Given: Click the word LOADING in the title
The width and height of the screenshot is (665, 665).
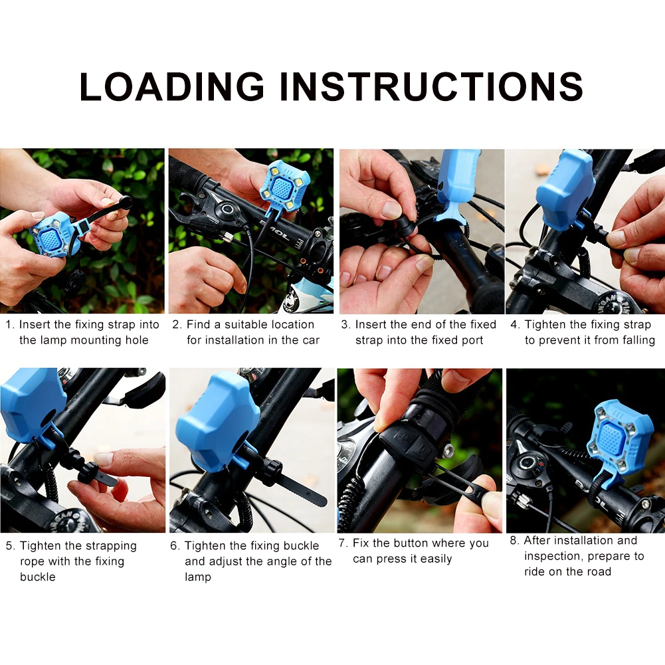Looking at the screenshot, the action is click(x=172, y=86).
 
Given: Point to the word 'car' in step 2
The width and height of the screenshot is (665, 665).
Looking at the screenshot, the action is click(x=311, y=340).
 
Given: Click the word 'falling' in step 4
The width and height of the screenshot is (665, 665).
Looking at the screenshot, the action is click(x=638, y=340).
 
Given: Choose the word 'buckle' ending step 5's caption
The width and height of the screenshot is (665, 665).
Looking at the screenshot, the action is click(x=38, y=577).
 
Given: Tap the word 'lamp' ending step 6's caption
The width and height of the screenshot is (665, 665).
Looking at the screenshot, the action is click(x=197, y=577).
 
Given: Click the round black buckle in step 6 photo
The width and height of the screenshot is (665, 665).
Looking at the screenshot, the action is click(x=272, y=472).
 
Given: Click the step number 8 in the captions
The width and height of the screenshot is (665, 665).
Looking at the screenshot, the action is click(x=514, y=540).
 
